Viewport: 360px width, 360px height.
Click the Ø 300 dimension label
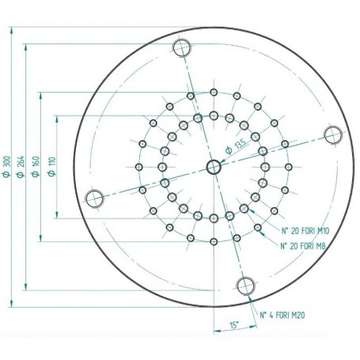click(x=7, y=166)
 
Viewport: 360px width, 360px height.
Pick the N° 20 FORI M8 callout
click(x=303, y=246)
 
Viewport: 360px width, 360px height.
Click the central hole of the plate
click(x=214, y=166)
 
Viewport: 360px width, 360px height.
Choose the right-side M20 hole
click(x=333, y=135)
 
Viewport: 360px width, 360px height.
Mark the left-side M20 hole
click(x=94, y=198)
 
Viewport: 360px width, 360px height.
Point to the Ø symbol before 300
click(x=7, y=176)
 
